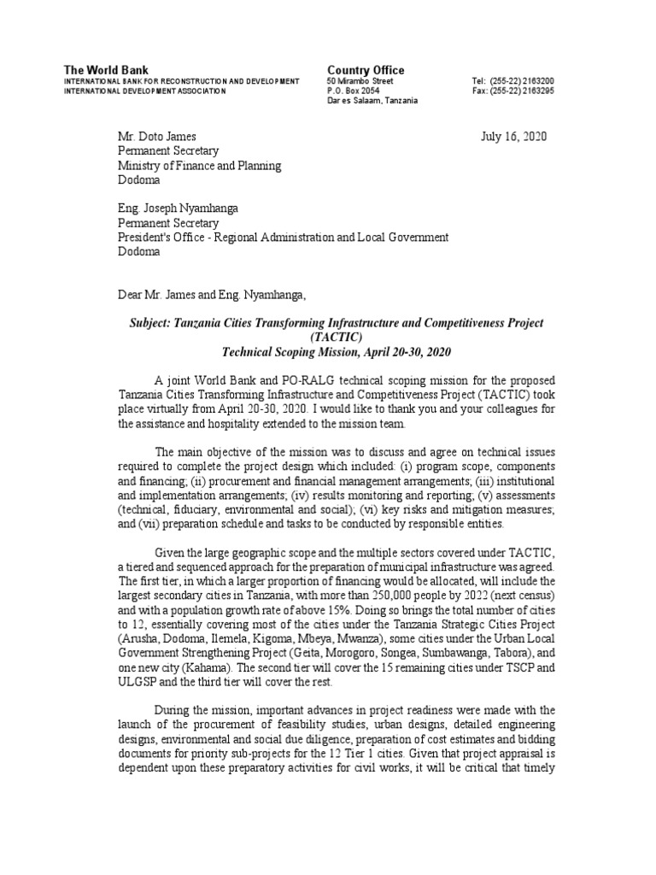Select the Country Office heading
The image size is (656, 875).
pos(366,70)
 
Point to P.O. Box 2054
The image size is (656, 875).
pos(354,91)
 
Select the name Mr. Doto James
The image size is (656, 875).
pos(156,137)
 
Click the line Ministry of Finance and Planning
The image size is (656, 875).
pos(199,167)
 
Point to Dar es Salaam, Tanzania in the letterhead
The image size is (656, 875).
pos(372,101)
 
